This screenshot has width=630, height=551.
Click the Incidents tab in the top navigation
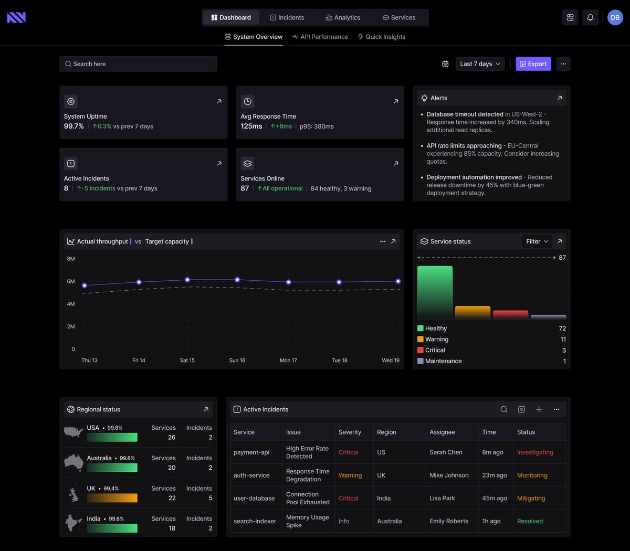tap(287, 17)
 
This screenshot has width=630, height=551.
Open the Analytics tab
tap(343, 17)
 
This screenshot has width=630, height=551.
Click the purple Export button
tap(533, 64)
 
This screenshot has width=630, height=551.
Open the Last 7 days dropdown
tap(480, 64)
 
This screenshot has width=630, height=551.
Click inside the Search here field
tap(138, 64)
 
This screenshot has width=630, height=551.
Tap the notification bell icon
tap(590, 17)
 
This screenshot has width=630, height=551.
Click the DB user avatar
tap(615, 17)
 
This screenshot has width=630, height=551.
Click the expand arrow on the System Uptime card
tap(219, 101)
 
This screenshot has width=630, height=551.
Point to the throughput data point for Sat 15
tap(187, 280)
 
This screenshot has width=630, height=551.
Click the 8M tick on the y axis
tap(71, 259)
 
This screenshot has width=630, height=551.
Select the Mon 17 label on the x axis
tap(288, 361)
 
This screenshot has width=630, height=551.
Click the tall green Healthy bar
tap(435, 292)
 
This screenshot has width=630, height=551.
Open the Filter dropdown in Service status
tap(537, 241)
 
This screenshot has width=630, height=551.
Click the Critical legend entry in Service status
tap(435, 350)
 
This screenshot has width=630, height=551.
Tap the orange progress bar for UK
tap(112, 498)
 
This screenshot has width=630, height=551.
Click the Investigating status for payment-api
tap(535, 452)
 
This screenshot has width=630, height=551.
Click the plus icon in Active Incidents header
tap(539, 409)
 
